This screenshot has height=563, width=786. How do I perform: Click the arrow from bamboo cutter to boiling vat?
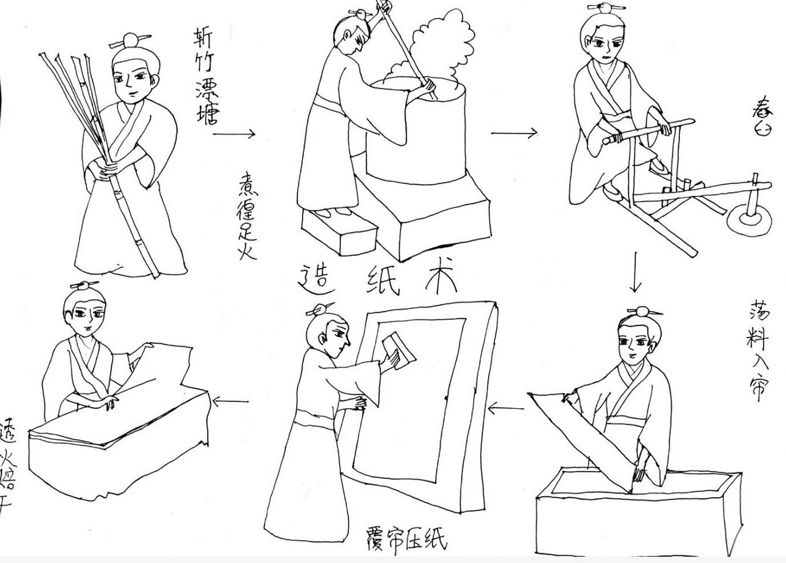[234, 134]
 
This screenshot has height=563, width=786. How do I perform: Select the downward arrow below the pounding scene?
[634, 272]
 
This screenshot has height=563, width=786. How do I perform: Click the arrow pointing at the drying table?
[230, 401]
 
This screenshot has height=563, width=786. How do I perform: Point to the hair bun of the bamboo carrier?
[131, 41]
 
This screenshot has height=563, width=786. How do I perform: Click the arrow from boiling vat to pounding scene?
[513, 132]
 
